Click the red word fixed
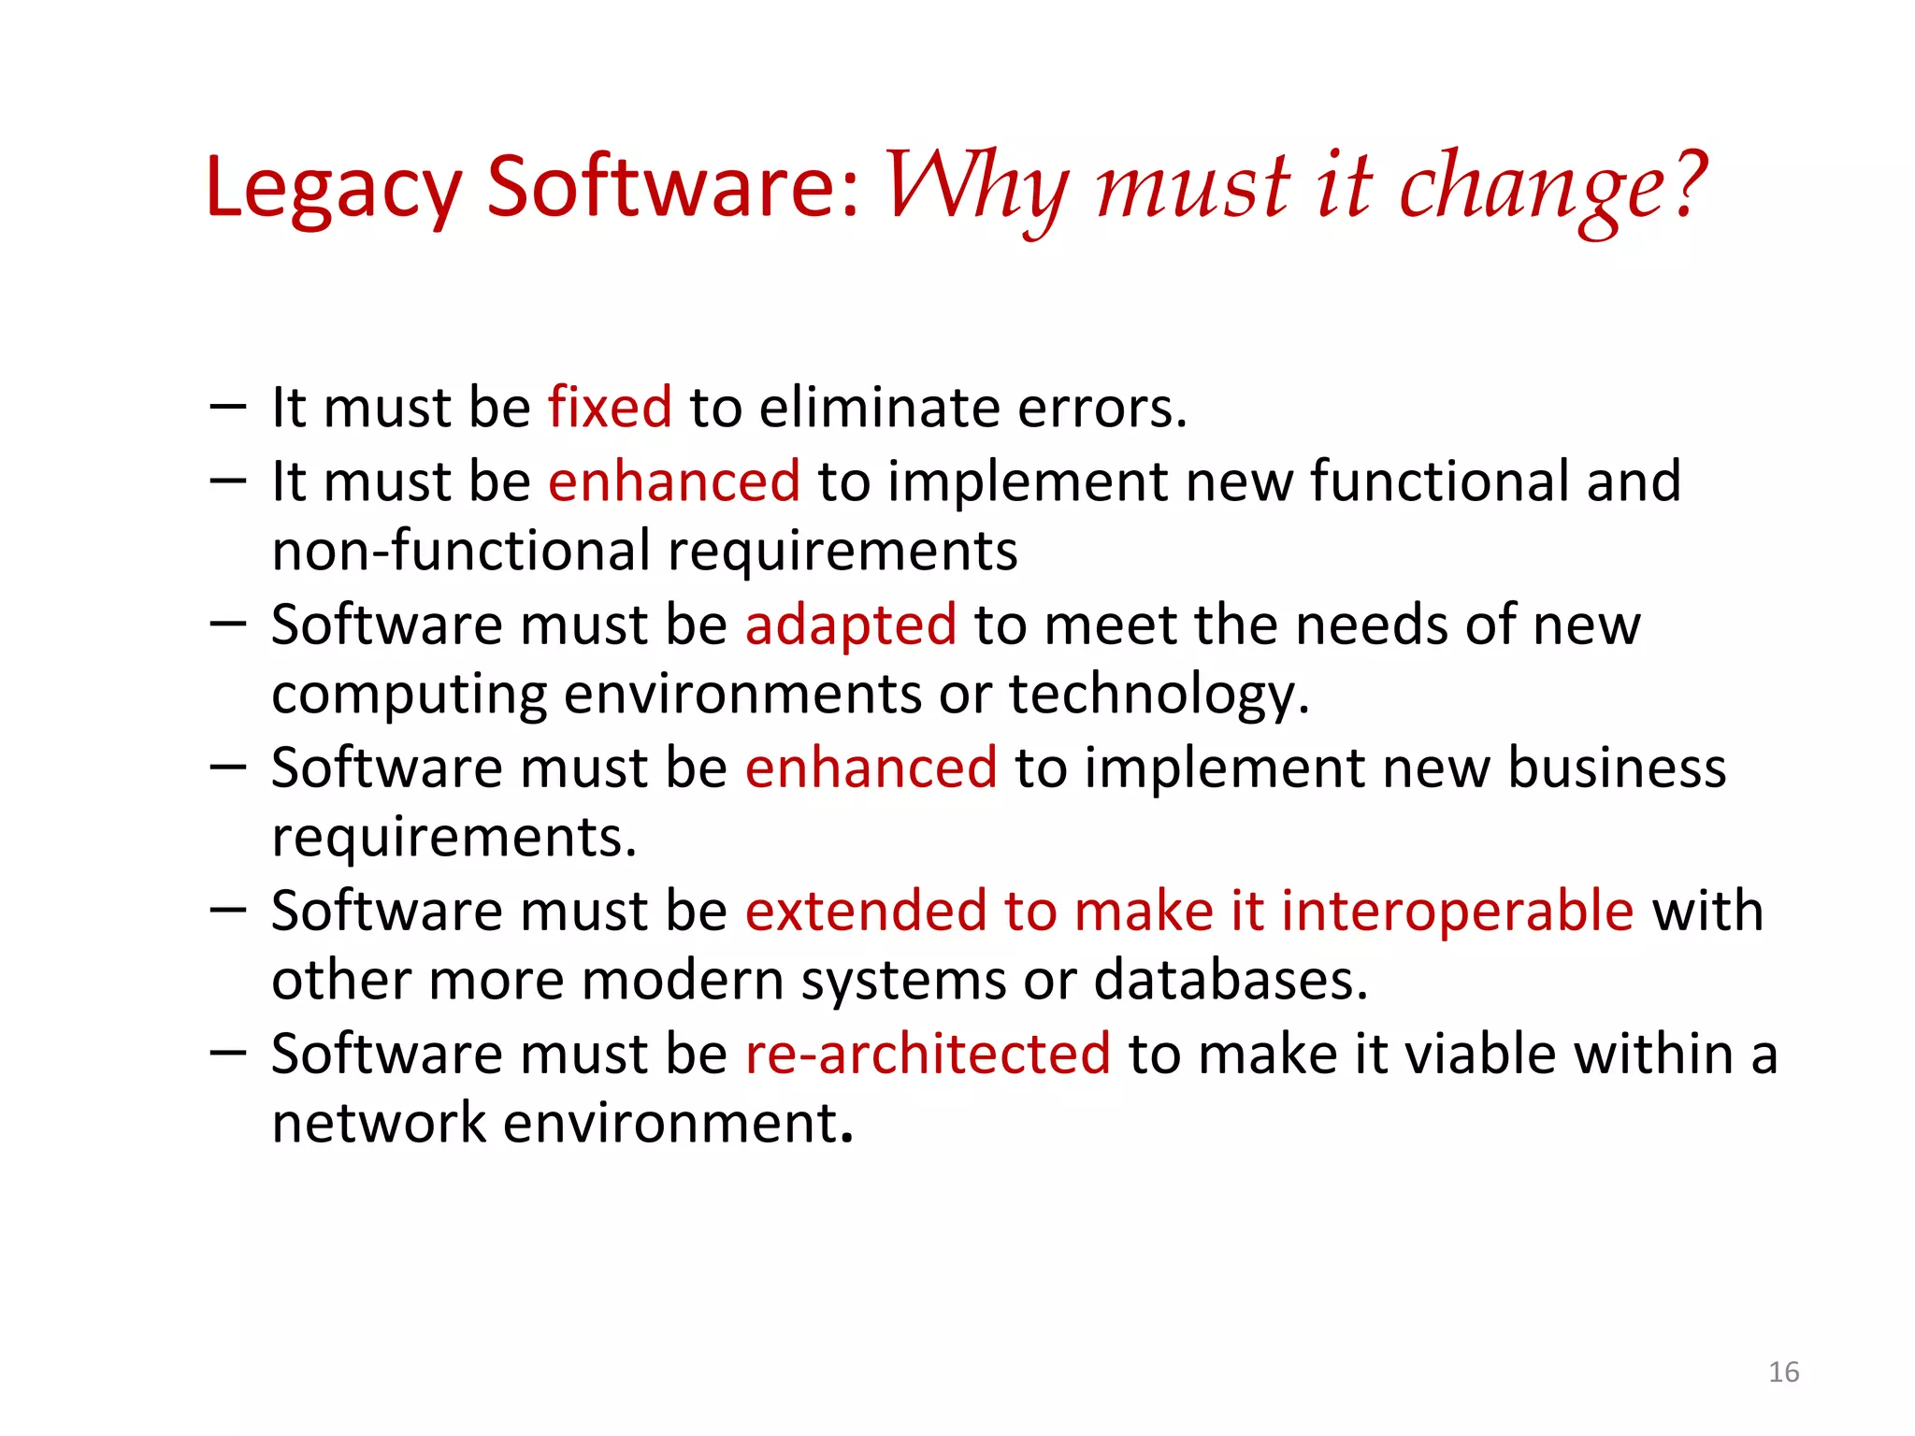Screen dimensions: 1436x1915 pyautogui.click(x=610, y=408)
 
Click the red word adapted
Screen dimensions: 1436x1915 pyautogui.click(x=850, y=625)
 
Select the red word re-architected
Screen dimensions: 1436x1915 pyautogui.click(x=928, y=1055)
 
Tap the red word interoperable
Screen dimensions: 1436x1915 pyautogui.click(x=1457, y=912)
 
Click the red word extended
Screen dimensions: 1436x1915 pyautogui.click(x=866, y=912)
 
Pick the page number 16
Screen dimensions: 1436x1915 pyautogui.click(x=1783, y=1371)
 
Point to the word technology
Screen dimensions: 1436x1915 pyautogui.click(x=1159, y=696)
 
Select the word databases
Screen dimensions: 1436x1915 pyautogui.click(x=1231, y=982)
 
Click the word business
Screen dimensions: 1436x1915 pyautogui.click(x=1617, y=768)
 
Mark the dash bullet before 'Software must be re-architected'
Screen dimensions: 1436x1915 pyautogui.click(x=228, y=1054)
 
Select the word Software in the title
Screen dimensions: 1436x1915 pyautogui.click(x=671, y=187)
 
